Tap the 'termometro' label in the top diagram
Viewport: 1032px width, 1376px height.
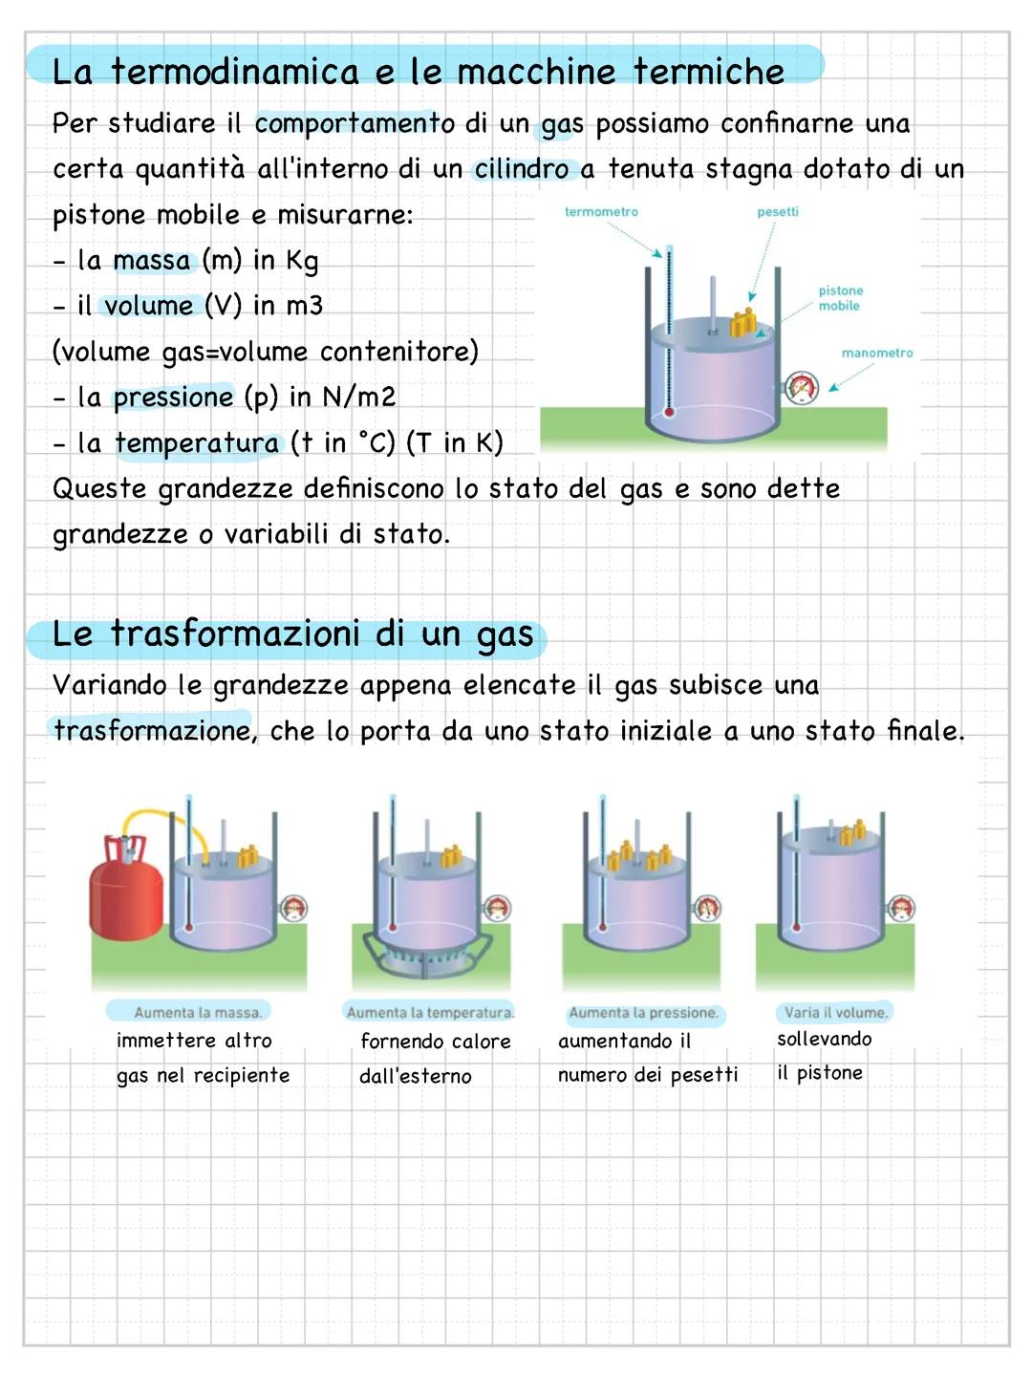click(601, 211)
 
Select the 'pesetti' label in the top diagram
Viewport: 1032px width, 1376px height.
click(778, 211)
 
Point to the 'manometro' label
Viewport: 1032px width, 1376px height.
click(876, 353)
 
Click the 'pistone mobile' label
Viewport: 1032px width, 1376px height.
click(840, 298)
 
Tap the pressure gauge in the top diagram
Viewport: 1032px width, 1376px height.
click(802, 388)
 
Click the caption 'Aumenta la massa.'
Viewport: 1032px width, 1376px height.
click(197, 1012)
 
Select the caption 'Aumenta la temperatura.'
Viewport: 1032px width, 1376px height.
click(430, 1012)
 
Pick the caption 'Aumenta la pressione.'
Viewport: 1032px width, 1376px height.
click(643, 1012)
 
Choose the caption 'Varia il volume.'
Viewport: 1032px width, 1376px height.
click(836, 1012)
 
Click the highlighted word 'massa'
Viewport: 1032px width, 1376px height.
click(152, 260)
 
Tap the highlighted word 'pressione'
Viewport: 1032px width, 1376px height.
click(173, 397)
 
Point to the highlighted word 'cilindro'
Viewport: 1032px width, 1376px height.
click(522, 169)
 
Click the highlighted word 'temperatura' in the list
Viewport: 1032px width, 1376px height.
click(197, 442)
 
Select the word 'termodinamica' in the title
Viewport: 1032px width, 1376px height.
click(235, 72)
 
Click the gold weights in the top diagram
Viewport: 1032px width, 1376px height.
click(742, 323)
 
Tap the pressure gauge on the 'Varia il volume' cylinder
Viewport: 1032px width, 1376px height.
click(900, 908)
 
